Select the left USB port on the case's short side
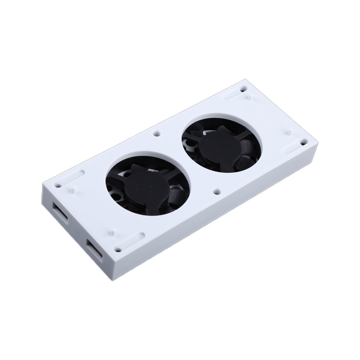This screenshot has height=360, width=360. tap(60, 210)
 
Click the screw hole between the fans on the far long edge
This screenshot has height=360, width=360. tap(156, 134)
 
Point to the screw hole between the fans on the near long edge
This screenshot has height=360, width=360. tap(217, 191)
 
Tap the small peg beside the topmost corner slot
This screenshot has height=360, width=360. tap(248, 96)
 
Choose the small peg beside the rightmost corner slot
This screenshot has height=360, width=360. tap(287, 132)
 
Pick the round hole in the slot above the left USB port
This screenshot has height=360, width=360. tap(58, 184)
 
